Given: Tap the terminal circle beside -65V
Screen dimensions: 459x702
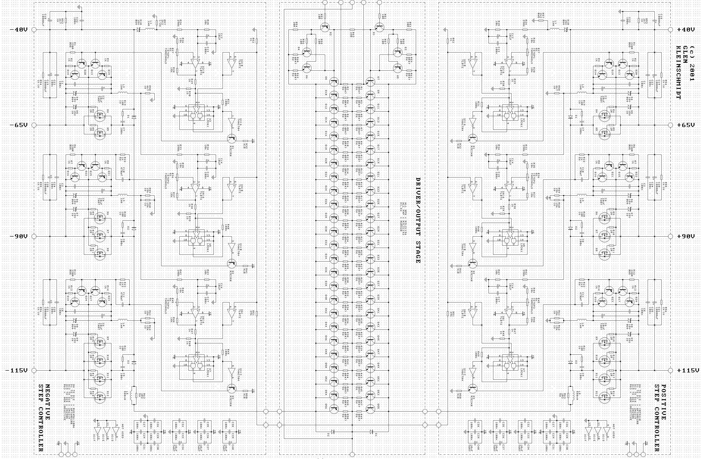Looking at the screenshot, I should [x=34, y=125].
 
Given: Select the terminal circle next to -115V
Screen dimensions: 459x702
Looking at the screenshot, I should [x=34, y=371].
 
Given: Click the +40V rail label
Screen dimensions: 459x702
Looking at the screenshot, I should [x=686, y=30].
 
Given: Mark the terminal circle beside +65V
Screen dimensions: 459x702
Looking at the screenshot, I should [x=670, y=125].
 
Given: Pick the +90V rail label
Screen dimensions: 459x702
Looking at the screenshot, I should [x=686, y=236].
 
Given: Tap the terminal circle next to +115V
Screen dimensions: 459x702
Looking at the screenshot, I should [x=670, y=371].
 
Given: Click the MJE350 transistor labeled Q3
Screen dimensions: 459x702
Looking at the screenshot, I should [x=232, y=389].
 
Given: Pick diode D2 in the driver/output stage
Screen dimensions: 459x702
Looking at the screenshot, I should [x=333, y=432].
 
